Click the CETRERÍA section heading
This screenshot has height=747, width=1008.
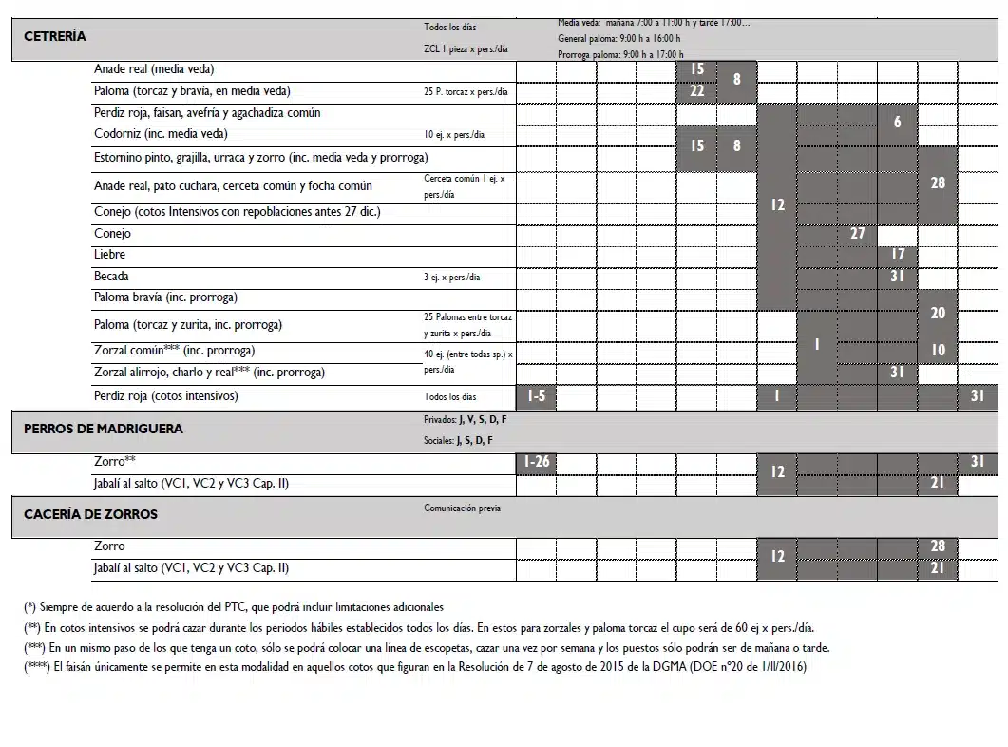pyautogui.click(x=54, y=37)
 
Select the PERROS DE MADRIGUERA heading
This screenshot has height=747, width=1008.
pyautogui.click(x=103, y=429)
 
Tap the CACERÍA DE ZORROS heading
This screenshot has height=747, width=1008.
pyautogui.click(x=90, y=514)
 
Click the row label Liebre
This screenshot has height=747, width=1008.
pyautogui.click(x=109, y=255)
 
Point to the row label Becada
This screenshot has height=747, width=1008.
pyautogui.click(x=110, y=277)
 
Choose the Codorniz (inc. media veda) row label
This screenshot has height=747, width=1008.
pyautogui.click(x=161, y=134)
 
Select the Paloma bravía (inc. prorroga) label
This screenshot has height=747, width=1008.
pyautogui.click(x=165, y=297)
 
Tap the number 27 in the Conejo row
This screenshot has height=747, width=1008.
pyautogui.click(x=857, y=234)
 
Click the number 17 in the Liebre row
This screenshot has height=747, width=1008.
pyautogui.click(x=898, y=255)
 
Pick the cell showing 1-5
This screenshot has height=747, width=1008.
pyautogui.click(x=536, y=396)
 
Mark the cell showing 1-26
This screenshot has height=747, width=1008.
pyautogui.click(x=536, y=463)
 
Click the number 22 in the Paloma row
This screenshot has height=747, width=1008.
pyautogui.click(x=697, y=91)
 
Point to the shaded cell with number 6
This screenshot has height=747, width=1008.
pyautogui.click(x=898, y=123)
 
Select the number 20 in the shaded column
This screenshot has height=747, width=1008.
pyautogui.click(x=938, y=314)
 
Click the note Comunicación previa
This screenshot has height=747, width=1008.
pyautogui.click(x=462, y=508)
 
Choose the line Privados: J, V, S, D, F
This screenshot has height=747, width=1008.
pyautogui.click(x=465, y=419)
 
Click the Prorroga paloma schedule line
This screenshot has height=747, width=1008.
pyautogui.click(x=620, y=55)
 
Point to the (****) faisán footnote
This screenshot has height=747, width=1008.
pyautogui.click(x=415, y=667)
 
